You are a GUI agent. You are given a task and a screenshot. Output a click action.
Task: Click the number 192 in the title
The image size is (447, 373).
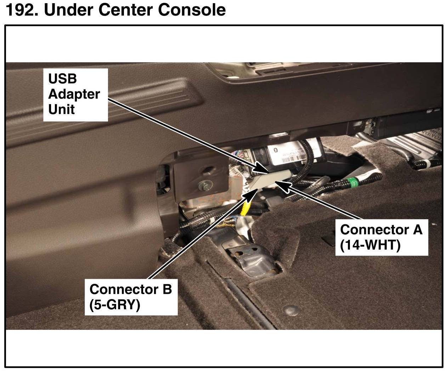tap(21, 10)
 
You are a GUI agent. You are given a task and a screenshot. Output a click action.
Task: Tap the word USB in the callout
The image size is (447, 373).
tap(62, 79)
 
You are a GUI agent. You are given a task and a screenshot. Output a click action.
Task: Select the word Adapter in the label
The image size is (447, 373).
tap(74, 94)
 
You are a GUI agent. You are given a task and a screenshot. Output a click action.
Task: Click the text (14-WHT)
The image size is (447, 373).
tap(370, 245)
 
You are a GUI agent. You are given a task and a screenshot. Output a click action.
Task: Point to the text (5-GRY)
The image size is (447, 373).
tap(115, 304)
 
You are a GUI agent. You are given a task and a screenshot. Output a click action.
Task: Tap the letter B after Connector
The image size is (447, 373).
tap(167, 289)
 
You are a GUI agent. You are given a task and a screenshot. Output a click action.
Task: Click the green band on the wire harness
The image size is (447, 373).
tap(353, 183)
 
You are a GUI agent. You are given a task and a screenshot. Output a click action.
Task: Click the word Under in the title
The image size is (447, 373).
tap(70, 10)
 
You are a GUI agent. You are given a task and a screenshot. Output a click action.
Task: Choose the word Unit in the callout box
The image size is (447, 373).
tap(61, 110)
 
